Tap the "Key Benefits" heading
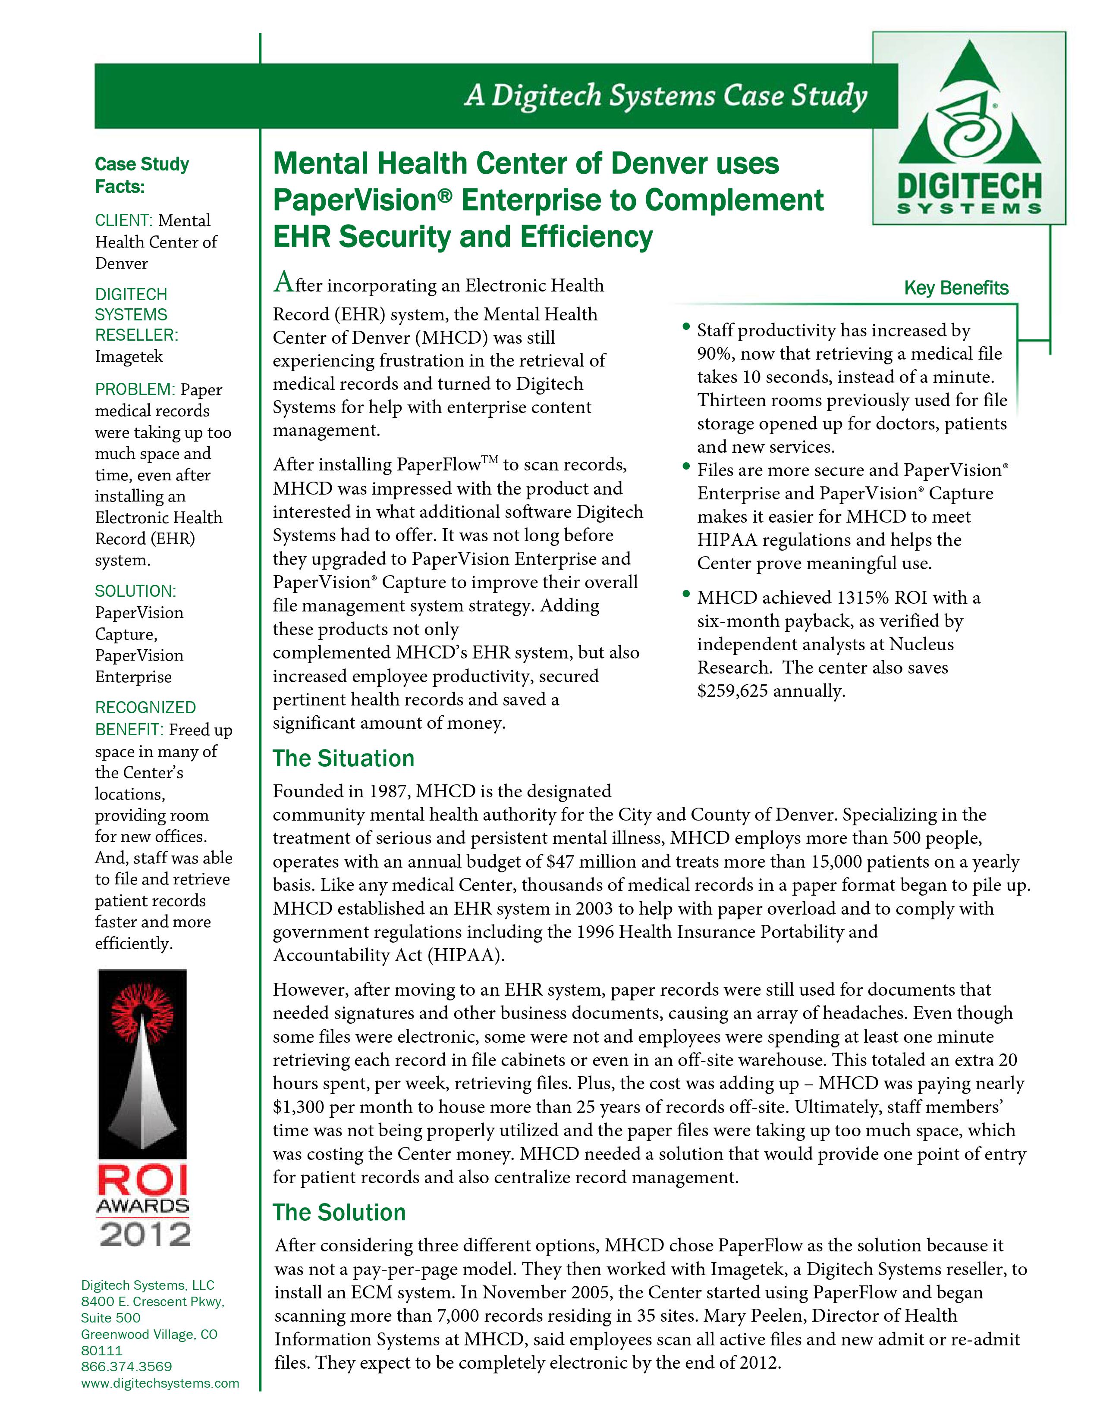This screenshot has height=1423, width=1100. coord(955,288)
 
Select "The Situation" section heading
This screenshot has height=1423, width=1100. coord(343,759)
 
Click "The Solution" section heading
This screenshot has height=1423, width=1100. coord(339,1213)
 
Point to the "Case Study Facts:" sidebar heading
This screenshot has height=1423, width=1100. coord(141,175)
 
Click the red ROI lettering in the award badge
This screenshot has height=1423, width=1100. coord(143,1180)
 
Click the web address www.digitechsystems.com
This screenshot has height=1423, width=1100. coord(160,1382)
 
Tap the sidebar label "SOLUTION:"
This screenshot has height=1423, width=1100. coord(135,591)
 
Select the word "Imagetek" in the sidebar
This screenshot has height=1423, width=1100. coord(129,357)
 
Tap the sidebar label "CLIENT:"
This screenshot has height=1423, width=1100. coord(124,220)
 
